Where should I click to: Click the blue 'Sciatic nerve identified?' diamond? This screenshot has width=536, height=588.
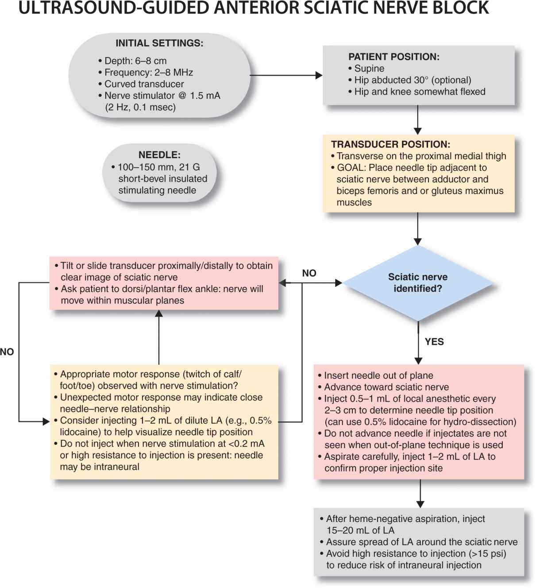coord(418,283)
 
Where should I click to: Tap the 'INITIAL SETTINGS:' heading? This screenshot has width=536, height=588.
coord(159,43)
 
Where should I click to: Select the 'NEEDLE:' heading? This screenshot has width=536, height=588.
coord(159,155)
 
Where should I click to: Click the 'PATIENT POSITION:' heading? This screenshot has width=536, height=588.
coord(394,57)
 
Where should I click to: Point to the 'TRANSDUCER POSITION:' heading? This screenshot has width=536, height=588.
coord(390,144)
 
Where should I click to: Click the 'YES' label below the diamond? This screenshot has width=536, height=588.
coord(434,342)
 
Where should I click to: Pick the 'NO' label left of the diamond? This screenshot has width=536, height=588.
coord(309,273)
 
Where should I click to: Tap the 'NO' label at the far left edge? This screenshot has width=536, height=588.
coord(7,352)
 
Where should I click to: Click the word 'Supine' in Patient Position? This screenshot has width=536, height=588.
coord(369,69)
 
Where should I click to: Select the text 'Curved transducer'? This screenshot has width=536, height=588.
coord(144,84)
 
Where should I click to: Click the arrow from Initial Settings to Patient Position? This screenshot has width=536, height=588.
coord(286,75)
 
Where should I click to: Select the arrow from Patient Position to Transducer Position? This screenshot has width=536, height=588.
coord(417,120)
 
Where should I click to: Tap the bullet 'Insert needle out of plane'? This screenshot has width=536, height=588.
coord(378,375)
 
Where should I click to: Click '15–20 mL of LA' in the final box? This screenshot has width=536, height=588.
coord(360,530)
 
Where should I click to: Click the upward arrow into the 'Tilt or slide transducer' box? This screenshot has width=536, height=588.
coord(159,337)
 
